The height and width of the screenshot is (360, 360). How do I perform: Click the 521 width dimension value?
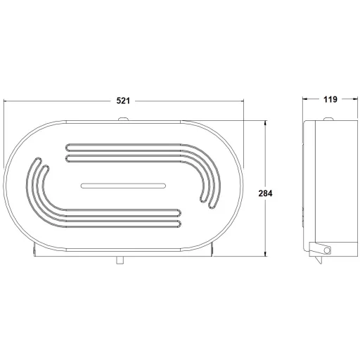tap(123, 101)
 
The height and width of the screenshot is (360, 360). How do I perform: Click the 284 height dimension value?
tap(265, 193)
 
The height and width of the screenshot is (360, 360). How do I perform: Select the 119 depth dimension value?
tap(330, 99)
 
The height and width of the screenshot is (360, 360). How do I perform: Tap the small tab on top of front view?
tap(123, 119)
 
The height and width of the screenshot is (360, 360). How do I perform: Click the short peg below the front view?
tap(120, 260)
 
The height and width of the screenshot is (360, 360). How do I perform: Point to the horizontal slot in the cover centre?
tap(123, 186)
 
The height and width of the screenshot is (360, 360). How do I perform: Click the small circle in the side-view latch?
tap(327, 250)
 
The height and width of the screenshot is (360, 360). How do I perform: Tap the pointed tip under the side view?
tap(321, 264)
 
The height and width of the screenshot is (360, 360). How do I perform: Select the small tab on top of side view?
tap(328, 119)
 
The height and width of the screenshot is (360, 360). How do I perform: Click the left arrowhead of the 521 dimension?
tap(5, 101)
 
